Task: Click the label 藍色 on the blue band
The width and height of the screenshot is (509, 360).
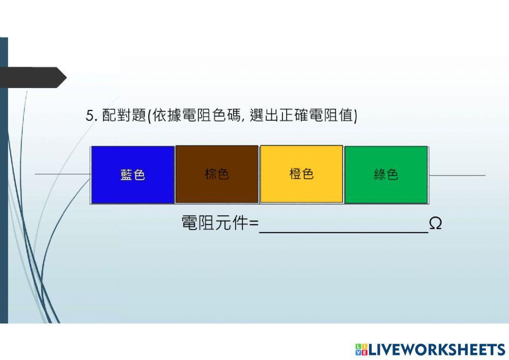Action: pos(133,175)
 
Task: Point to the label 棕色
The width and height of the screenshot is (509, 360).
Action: pos(217,174)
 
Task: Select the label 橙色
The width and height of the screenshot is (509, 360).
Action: pos(301,174)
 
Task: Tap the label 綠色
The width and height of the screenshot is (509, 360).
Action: pos(386,175)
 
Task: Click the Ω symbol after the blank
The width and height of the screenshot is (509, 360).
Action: pos(435,224)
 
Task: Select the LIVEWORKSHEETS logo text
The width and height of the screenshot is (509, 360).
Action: pos(437,349)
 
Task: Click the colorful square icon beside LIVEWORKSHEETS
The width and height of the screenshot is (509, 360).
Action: pos(361,349)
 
